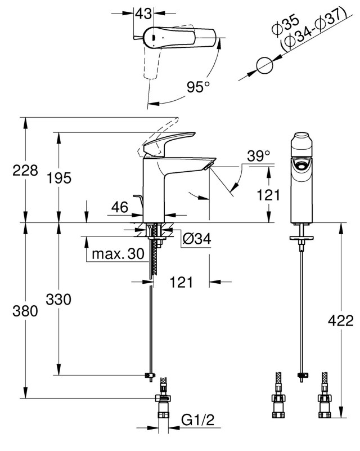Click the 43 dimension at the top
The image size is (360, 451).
pyautogui.click(x=143, y=14)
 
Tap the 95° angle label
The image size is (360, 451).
pyautogui.click(x=198, y=87)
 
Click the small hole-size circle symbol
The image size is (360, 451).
pyautogui.click(x=264, y=65)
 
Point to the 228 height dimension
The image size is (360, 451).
pyautogui.click(x=25, y=170)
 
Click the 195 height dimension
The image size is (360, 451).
pyautogui.click(x=59, y=178)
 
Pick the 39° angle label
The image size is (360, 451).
pyautogui.click(x=259, y=156)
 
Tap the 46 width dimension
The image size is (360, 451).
pyautogui.click(x=120, y=207)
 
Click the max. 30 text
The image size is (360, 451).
pyautogui.click(x=118, y=254)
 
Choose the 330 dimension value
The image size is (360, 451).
pyautogui.click(x=58, y=300)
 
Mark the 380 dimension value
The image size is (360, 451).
pyautogui.click(x=25, y=311)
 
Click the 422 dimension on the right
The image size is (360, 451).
pyautogui.click(x=341, y=320)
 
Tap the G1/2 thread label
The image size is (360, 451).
pyautogui.click(x=198, y=420)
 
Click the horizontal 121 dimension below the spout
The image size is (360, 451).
pyautogui.click(x=181, y=282)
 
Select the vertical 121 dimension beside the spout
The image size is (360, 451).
pyautogui.click(x=268, y=195)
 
